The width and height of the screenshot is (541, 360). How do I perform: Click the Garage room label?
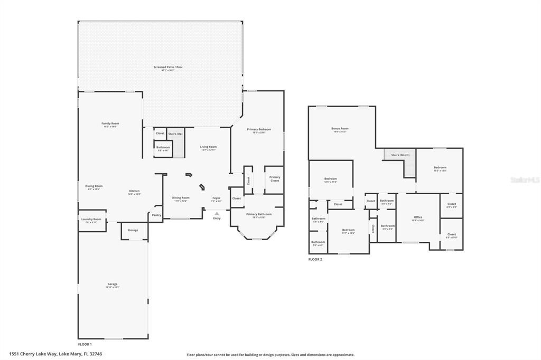113,284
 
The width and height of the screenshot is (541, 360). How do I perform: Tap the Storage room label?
133,230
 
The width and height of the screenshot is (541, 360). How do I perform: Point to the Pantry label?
156,215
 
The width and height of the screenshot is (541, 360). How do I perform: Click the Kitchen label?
134,191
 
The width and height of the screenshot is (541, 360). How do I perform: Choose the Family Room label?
110,124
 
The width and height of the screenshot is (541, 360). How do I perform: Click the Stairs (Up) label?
175,134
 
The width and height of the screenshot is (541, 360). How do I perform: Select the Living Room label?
208,147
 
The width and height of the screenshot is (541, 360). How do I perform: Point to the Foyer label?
217,198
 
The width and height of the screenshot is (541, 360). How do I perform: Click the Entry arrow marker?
217,213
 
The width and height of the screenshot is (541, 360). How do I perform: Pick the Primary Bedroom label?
258,129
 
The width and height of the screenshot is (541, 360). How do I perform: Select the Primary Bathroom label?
258,214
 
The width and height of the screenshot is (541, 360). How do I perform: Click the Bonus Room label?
340,128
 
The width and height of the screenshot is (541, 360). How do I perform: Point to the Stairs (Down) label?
400,155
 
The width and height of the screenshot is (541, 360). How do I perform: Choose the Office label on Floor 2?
418,217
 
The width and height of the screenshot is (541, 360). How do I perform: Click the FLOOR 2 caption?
315,259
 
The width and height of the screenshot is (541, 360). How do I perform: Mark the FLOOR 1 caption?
85,344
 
